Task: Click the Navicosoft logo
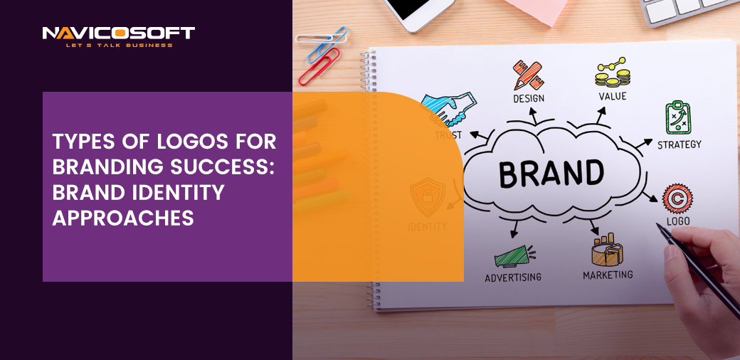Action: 118,37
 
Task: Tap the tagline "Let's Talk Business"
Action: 119,46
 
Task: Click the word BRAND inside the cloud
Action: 551,173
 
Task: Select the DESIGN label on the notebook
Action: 529,98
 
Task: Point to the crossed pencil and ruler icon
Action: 529,75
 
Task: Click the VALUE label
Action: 613,96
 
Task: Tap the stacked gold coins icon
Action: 613,73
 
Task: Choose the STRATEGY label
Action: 679,144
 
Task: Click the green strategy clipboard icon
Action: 678,117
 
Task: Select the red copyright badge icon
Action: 677,198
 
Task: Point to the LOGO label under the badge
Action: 678,221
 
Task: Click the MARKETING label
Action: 608,275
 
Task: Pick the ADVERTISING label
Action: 513,277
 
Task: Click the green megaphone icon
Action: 514,256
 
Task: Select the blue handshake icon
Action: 448,108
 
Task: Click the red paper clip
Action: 319,66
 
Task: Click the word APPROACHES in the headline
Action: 123,218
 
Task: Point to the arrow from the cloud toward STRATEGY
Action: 643,144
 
